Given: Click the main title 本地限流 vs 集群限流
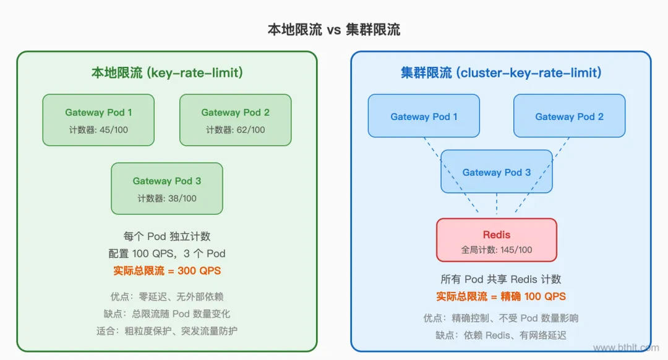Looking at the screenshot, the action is [x=333, y=30].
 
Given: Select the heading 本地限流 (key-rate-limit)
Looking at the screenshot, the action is [x=167, y=73].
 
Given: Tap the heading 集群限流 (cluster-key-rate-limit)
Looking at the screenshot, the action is [x=501, y=73].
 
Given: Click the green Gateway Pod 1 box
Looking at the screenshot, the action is [x=98, y=119].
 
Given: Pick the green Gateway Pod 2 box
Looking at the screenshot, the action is [x=235, y=119].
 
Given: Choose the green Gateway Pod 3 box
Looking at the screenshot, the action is [x=167, y=188].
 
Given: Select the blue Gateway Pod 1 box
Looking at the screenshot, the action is [x=424, y=116].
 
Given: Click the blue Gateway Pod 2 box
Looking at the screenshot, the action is [x=569, y=116].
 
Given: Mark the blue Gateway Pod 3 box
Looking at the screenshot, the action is [x=497, y=172].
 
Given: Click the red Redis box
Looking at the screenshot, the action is [x=497, y=239].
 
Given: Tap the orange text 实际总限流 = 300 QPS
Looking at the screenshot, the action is [x=167, y=270].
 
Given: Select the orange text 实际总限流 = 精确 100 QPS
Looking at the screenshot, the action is [x=501, y=296].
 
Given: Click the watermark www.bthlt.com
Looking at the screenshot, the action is [x=624, y=348].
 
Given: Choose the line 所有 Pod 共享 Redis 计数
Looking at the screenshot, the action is [x=501, y=279].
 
